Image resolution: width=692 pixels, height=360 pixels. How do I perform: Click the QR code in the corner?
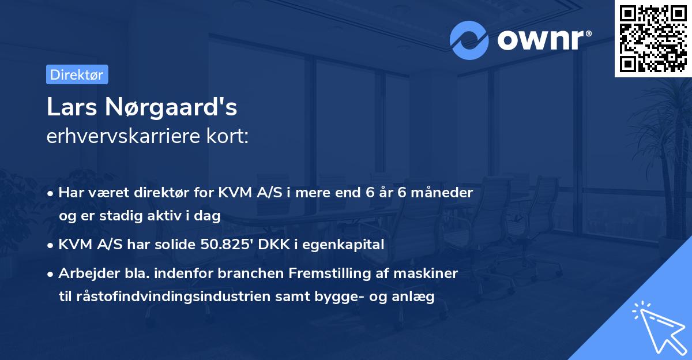pos(653,38)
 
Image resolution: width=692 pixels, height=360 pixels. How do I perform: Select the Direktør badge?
pos(77,74)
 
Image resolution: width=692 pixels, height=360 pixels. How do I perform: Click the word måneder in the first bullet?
pos(444,193)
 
